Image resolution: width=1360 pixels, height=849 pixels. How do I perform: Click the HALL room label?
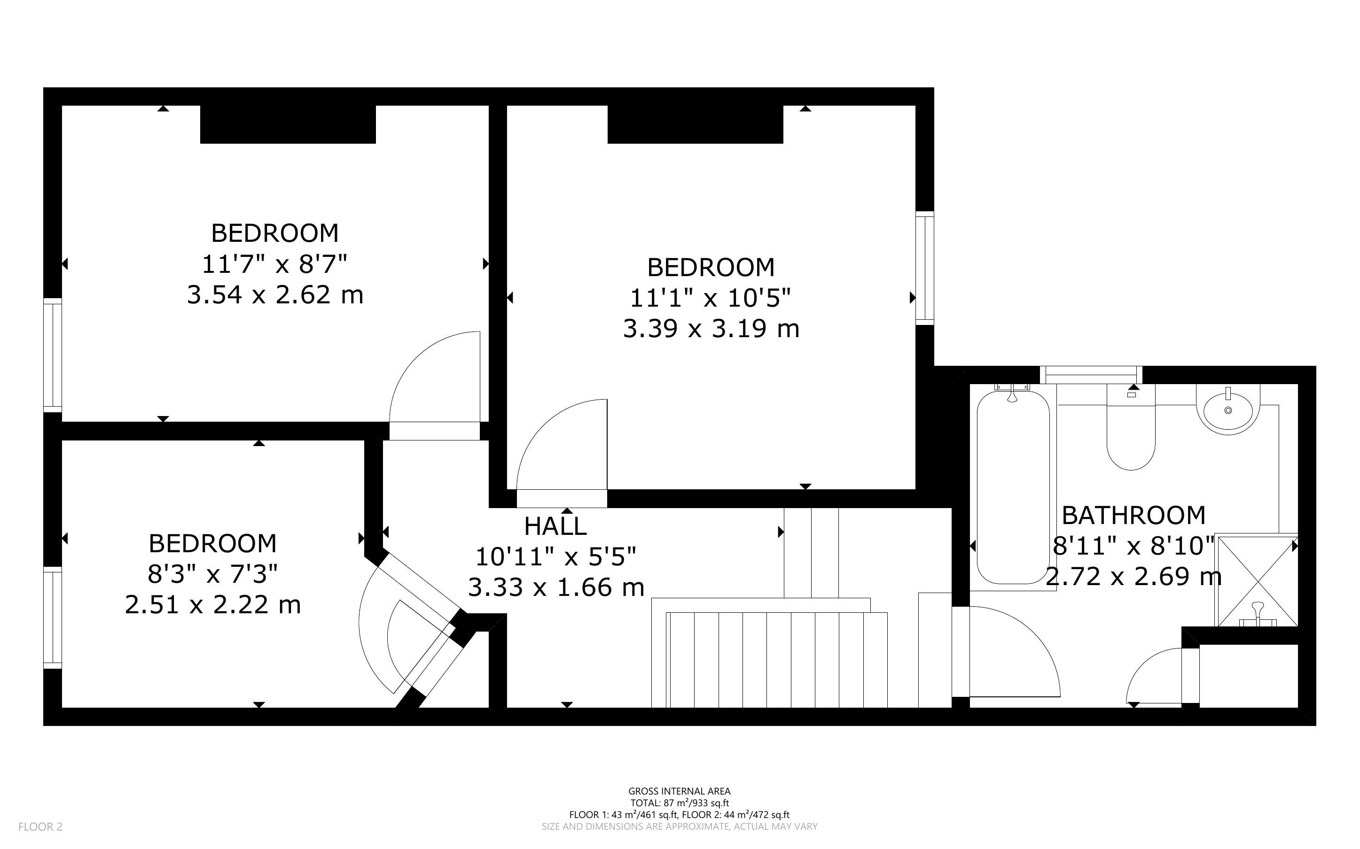click(x=555, y=526)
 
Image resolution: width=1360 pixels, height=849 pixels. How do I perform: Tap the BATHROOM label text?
click(x=1133, y=516)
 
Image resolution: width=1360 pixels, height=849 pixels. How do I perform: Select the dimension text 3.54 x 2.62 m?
click(x=275, y=295)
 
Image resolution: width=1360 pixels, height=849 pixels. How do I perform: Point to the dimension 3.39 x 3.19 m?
click(x=711, y=329)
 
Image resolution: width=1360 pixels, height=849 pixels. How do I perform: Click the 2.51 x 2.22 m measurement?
click(x=213, y=605)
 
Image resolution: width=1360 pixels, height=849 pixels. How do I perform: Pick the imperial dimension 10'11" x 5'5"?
click(x=555, y=557)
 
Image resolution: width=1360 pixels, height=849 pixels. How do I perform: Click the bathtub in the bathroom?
click(x=1013, y=487)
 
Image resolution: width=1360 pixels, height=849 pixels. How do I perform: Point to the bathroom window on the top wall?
click(x=1091, y=375)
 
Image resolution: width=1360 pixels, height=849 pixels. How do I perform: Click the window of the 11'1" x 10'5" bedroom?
click(x=925, y=268)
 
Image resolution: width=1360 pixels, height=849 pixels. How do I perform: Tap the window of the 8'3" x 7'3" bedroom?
click(x=52, y=617)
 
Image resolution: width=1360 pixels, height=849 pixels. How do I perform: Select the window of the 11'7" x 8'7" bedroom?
click(x=52, y=355)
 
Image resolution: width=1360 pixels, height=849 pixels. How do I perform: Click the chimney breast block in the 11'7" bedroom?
click(x=288, y=124)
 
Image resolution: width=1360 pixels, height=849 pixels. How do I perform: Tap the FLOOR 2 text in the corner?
click(x=40, y=826)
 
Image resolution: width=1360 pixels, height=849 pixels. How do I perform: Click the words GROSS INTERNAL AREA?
click(x=679, y=792)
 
